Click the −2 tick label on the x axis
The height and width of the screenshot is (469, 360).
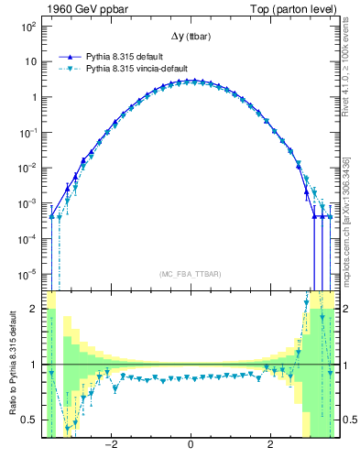pos(111,446)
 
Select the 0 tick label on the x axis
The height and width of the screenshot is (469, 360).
pos(190,446)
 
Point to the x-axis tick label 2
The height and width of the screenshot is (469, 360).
pos(269,446)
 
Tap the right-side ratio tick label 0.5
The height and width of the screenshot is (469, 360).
pos(348,420)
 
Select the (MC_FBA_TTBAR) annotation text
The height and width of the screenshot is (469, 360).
pos(190,274)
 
